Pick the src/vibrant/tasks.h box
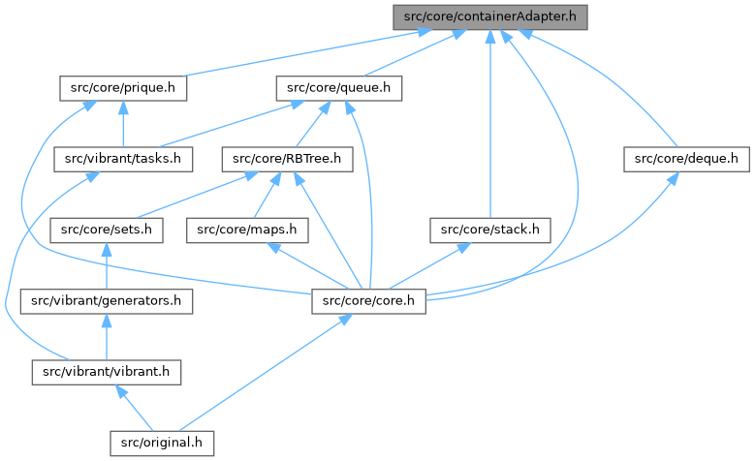pos(122,159)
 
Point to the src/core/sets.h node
pos(105,230)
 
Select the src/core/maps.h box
pos(246,230)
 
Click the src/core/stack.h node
pos(490,230)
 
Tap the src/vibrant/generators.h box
pos(106,301)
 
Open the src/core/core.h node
pos(369,301)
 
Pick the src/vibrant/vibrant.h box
pos(105,372)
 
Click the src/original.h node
pos(160,443)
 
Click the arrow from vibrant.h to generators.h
pos(105,337)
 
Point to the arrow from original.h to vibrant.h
pos(134,408)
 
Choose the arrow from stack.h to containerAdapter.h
pos(491,126)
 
